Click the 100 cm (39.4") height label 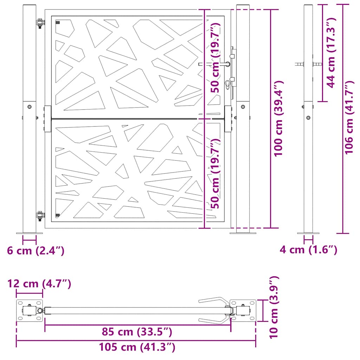pyautogui.click(x=279, y=118)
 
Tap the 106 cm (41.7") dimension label pyautogui.click(x=349, y=117)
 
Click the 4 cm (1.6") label pyautogui.click(x=308, y=250)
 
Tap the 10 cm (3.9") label pyautogui.click(x=274, y=307)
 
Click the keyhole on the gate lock pyautogui.click(x=227, y=84)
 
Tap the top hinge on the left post pyautogui.click(x=40, y=23)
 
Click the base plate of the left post pyautogui.click(x=29, y=233)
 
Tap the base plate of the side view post pyautogui.click(x=308, y=233)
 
